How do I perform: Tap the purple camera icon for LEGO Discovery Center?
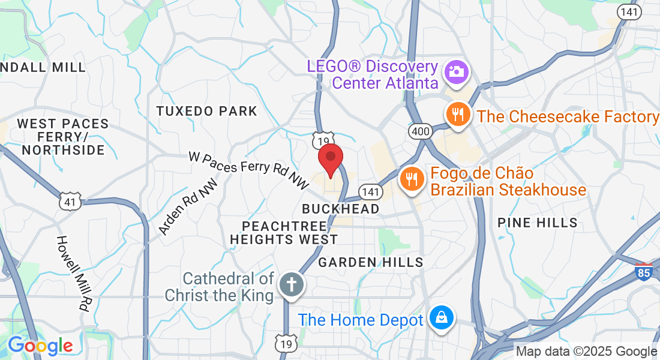click(x=456, y=72)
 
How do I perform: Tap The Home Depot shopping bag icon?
click(x=442, y=317)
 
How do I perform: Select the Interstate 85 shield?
click(x=644, y=271)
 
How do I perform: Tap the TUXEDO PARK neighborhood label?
click(x=206, y=111)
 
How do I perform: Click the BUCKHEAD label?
click(x=341, y=209)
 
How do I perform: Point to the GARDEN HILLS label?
click(x=371, y=262)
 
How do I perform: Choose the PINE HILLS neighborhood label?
click(x=538, y=223)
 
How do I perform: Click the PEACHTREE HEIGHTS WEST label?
click(x=284, y=233)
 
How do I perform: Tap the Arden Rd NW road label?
click(x=187, y=209)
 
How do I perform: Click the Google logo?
click(x=40, y=346)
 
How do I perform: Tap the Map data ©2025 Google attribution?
click(x=587, y=352)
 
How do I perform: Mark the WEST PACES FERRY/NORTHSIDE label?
click(x=62, y=137)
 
